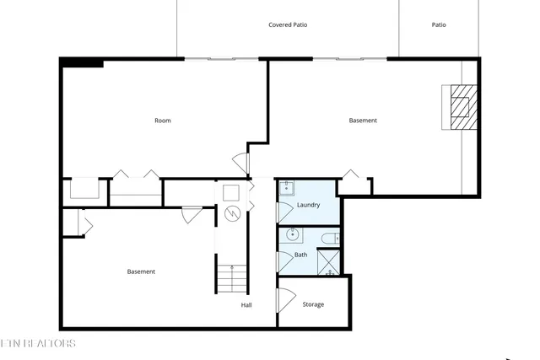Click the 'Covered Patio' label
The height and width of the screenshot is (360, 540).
click(x=288, y=25)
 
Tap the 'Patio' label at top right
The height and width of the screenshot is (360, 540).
click(x=439, y=25)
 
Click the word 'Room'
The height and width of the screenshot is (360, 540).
click(x=163, y=121)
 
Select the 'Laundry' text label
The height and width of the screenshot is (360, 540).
click(x=308, y=205)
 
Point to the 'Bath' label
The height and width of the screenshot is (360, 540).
click(x=300, y=255)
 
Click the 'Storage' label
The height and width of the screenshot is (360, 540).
click(x=313, y=304)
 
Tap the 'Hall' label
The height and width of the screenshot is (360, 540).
click(x=246, y=305)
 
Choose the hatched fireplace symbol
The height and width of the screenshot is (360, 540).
click(x=461, y=106)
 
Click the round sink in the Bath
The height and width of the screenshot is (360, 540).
click(x=294, y=235)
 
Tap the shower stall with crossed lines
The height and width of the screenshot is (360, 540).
click(x=328, y=262)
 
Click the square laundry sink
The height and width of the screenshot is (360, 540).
click(x=287, y=187)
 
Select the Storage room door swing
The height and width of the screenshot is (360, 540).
click(x=285, y=300)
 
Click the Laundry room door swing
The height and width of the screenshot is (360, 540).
click(x=284, y=210)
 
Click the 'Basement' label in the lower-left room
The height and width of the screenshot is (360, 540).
click(x=141, y=271)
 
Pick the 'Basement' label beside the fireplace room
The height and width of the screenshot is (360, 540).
click(x=363, y=121)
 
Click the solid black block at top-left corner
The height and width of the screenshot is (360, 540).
click(x=82, y=62)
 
